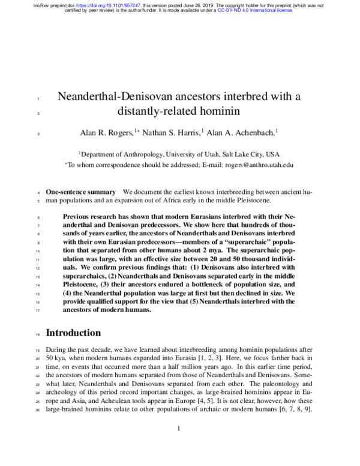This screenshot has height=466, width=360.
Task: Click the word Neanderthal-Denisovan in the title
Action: point(116,96)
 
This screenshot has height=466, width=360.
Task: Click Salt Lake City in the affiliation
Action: point(238,154)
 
